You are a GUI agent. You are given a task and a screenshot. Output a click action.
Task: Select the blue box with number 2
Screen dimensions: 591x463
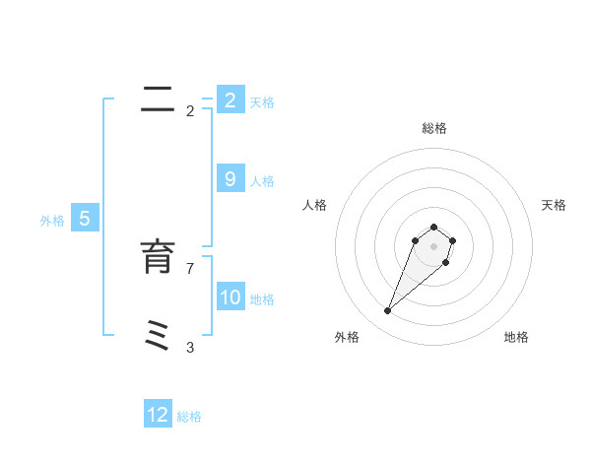pyautogui.click(x=230, y=100)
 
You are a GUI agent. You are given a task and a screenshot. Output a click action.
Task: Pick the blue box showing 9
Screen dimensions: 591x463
pyautogui.click(x=230, y=179)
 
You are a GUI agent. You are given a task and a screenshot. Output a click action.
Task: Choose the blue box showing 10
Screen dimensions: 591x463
pyautogui.click(x=230, y=298)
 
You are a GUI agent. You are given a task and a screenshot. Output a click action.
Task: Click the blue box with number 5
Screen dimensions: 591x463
pyautogui.click(x=85, y=219)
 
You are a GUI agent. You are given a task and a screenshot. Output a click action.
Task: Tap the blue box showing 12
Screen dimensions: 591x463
pyautogui.click(x=158, y=415)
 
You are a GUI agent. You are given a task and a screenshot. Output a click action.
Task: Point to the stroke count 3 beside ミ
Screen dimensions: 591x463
pyautogui.click(x=190, y=347)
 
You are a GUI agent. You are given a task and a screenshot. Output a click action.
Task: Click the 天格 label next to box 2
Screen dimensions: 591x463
pyautogui.click(x=262, y=102)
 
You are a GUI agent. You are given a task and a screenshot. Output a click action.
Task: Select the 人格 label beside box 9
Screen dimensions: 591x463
pyautogui.click(x=262, y=181)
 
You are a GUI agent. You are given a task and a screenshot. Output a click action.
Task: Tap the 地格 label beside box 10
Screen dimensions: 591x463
pyautogui.click(x=262, y=299)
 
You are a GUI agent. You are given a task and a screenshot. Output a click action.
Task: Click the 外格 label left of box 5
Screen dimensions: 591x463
pyautogui.click(x=52, y=221)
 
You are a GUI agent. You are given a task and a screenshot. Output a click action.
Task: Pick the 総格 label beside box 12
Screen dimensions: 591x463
pyautogui.click(x=189, y=417)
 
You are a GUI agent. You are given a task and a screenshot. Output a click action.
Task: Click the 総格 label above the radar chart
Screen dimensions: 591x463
pyautogui.click(x=433, y=128)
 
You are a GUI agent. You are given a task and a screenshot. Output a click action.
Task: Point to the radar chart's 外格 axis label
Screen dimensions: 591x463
pyautogui.click(x=347, y=337)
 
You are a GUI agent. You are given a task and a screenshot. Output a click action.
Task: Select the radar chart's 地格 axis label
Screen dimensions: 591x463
pyautogui.click(x=516, y=337)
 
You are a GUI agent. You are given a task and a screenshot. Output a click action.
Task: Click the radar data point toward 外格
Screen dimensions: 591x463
pyautogui.click(x=388, y=311)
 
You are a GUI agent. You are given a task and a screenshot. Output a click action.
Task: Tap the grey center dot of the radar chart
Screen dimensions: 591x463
pyautogui.click(x=433, y=246)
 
